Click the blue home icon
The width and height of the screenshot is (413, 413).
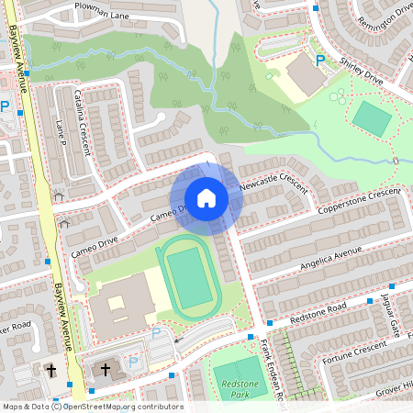(x=206, y=198)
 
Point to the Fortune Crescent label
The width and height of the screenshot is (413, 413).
(x=354, y=352)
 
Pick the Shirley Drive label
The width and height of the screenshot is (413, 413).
(x=360, y=70)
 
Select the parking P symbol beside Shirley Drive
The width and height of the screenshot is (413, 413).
(x=320, y=61)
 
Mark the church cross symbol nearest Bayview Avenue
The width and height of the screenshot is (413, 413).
(x=50, y=371)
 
